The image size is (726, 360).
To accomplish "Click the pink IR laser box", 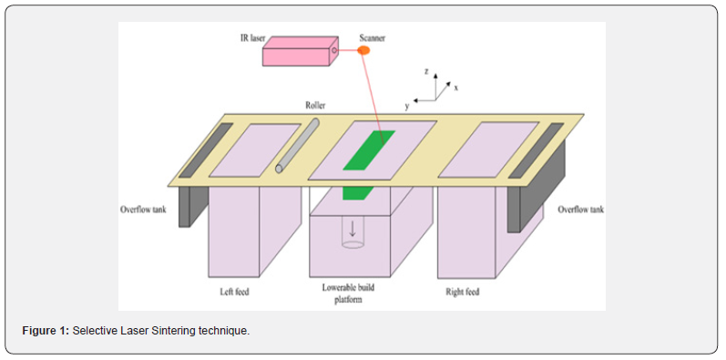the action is [x=301, y=51].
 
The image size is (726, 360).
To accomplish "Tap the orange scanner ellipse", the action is [x=363, y=50].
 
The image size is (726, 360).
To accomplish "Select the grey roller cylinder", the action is [x=297, y=146].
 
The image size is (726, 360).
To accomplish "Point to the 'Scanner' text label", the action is [x=372, y=38].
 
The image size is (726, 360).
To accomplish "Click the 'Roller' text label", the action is [x=315, y=106].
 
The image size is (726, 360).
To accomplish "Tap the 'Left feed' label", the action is [x=233, y=293].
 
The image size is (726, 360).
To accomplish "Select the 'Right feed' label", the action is [x=462, y=293].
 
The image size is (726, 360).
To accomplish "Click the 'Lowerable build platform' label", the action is [x=348, y=293].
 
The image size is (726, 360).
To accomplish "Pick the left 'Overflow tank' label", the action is [x=143, y=210].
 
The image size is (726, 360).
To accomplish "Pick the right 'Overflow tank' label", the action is [x=580, y=210].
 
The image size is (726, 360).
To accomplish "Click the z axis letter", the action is [x=426, y=71].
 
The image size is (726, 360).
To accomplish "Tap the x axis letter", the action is [x=456, y=87].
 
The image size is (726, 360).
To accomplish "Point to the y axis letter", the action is [x=407, y=106].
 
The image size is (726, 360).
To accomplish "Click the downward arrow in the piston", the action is [x=353, y=229].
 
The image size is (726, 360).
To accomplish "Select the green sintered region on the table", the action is [x=369, y=150].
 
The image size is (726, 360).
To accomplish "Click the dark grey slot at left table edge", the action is [x=206, y=149].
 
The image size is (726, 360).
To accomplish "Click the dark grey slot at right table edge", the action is [x=536, y=150].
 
